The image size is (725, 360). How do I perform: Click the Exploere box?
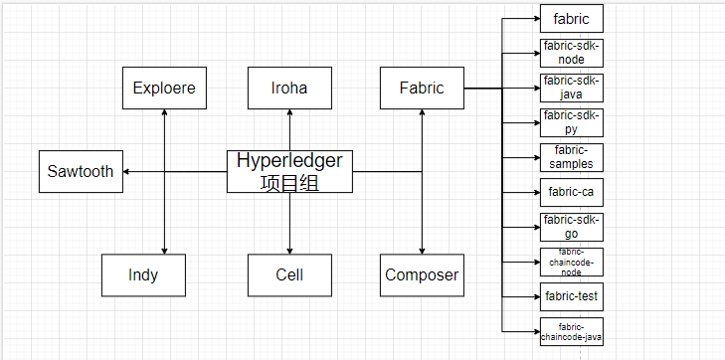click(164, 88)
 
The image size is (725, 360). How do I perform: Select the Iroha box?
click(289, 88)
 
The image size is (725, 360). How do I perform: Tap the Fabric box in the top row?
click(422, 88)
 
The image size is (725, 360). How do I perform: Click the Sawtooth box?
click(81, 171)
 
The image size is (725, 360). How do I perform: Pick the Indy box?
click(143, 274)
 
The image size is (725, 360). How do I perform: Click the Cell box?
click(289, 274)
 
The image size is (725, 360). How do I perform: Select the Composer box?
click(422, 274)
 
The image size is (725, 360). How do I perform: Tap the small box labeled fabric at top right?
click(571, 19)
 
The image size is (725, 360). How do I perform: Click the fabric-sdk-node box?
click(571, 53)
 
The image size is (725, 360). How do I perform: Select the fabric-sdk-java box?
click(571, 88)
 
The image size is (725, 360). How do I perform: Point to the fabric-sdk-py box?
click(571, 122)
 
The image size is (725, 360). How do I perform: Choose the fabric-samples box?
click(571, 157)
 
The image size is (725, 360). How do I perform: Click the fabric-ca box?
click(571, 192)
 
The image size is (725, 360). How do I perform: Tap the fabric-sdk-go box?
click(571, 227)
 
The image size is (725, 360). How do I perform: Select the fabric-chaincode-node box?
click(571, 262)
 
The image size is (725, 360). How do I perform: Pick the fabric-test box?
click(571, 295)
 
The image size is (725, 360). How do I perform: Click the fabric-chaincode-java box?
click(571, 331)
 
